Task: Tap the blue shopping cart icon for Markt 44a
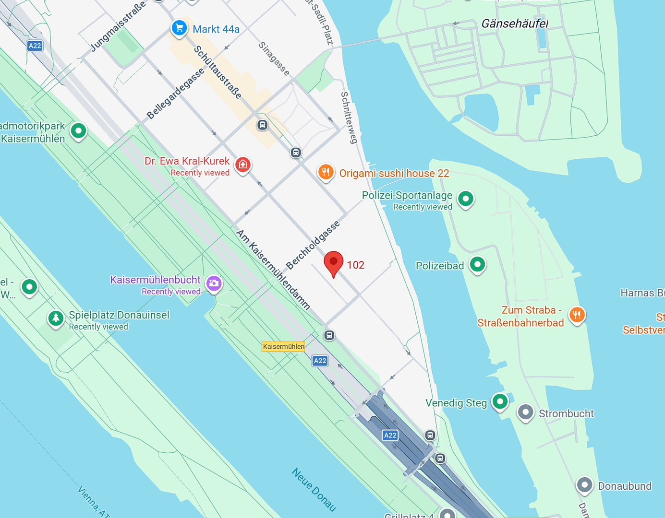[179, 28]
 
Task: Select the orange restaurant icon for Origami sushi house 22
[326, 172]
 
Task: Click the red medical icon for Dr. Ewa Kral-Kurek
[243, 165]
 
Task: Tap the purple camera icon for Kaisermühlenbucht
[214, 283]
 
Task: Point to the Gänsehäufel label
[514, 24]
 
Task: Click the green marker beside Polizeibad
[477, 264]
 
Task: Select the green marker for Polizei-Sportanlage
[465, 198]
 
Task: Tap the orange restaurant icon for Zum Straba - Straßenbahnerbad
[577, 315]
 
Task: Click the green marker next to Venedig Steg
[500, 401]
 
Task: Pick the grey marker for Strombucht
[525, 412]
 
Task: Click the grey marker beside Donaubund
[584, 484]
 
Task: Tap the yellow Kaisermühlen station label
[283, 346]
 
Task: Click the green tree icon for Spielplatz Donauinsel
[56, 318]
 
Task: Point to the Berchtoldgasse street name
[313, 245]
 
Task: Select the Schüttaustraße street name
[218, 72]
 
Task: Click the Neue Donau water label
[314, 490]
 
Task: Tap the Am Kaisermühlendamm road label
[273, 270]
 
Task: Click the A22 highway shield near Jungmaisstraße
[35, 46]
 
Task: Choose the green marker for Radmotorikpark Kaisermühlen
[78, 130]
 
